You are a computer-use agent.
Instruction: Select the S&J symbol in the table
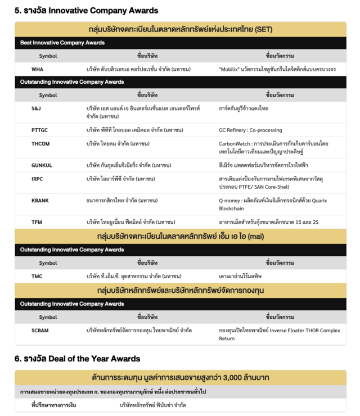point(36,107)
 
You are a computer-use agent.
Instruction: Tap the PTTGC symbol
point(39,130)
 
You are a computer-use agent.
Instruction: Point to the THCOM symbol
point(40,143)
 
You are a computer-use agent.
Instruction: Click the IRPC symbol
point(38,178)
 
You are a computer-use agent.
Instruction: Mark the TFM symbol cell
point(37,222)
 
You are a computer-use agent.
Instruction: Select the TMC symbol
point(37,276)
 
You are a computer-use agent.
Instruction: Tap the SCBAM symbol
point(40,330)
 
